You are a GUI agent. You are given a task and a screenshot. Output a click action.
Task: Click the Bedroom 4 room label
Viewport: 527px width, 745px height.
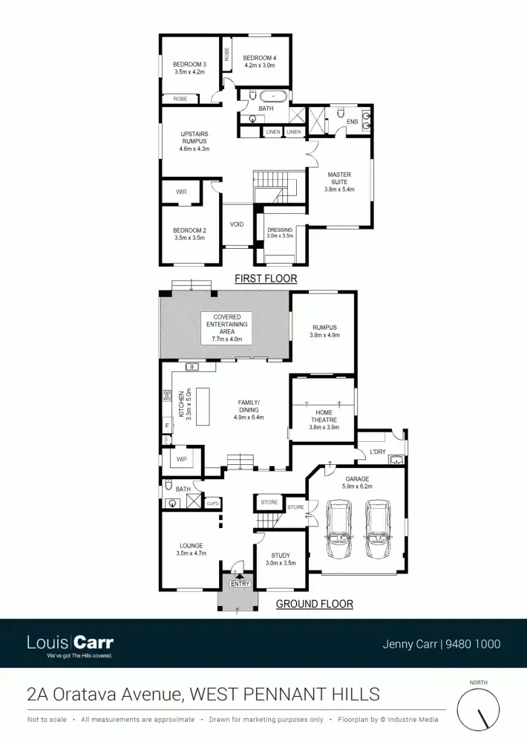(x=259, y=61)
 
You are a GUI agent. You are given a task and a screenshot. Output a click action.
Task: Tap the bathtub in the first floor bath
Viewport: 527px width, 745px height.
(x=273, y=96)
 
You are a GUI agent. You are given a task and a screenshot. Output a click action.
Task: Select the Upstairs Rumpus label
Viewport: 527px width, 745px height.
(x=194, y=141)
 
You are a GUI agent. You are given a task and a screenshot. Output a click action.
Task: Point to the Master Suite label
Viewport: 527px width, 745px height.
(x=339, y=182)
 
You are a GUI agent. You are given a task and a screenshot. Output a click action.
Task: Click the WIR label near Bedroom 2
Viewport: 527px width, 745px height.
(x=181, y=192)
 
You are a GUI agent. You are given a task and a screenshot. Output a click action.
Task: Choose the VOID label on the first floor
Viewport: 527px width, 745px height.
(x=237, y=224)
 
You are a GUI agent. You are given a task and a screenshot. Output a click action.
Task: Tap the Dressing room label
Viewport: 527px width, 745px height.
(x=280, y=233)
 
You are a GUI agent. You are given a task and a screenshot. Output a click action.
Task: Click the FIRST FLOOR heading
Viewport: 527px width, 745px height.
(x=265, y=279)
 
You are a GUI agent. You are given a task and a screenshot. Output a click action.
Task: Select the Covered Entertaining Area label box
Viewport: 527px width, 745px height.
(x=226, y=328)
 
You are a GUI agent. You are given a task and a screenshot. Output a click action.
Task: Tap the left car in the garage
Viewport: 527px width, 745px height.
(x=340, y=530)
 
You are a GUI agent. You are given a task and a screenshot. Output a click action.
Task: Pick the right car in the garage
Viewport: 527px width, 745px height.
(x=378, y=530)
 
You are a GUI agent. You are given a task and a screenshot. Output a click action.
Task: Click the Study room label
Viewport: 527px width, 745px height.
(x=280, y=559)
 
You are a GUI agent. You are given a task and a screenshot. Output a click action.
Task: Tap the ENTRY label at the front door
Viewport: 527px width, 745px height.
(x=240, y=584)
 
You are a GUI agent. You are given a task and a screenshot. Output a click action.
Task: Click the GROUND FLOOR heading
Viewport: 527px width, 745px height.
(x=314, y=604)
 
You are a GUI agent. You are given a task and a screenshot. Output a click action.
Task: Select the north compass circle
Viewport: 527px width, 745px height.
(x=479, y=709)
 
